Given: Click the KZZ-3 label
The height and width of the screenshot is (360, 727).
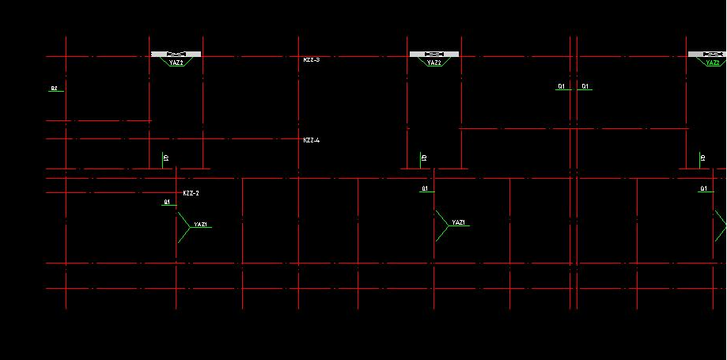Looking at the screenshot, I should click(311, 59).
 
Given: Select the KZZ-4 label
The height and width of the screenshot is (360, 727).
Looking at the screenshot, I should click(311, 140).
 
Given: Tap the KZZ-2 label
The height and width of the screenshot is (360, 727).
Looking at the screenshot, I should click(191, 193).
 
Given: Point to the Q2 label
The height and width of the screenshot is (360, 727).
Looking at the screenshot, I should click(54, 88).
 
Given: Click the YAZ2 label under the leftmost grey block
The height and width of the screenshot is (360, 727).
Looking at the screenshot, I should click(176, 63).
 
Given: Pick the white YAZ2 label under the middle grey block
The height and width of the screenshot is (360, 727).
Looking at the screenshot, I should click(434, 63).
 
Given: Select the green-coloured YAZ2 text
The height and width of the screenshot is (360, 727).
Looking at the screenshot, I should click(713, 63).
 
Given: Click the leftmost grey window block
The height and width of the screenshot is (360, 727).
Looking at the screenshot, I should click(176, 54).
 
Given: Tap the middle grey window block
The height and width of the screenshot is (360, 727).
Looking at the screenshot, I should click(434, 54).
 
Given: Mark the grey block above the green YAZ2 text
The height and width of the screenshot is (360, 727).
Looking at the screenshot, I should click(707, 54).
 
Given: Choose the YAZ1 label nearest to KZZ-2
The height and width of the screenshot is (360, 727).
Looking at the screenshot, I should click(201, 225).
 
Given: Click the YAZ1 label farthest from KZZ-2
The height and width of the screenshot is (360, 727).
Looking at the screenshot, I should click(459, 223).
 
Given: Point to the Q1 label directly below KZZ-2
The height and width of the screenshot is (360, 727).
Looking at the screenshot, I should click(167, 202).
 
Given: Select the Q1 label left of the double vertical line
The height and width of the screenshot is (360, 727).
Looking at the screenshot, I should click(562, 85).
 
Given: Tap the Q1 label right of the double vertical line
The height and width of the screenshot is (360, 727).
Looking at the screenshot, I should click(585, 85).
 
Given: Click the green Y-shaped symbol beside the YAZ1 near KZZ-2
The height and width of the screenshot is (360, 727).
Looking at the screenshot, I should click(183, 226).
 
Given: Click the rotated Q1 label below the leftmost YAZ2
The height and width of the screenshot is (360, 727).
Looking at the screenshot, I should click(165, 158).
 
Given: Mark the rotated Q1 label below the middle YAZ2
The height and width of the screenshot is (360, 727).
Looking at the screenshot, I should click(424, 158).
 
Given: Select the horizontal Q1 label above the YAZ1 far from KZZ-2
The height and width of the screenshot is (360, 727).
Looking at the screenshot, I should click(425, 188).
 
